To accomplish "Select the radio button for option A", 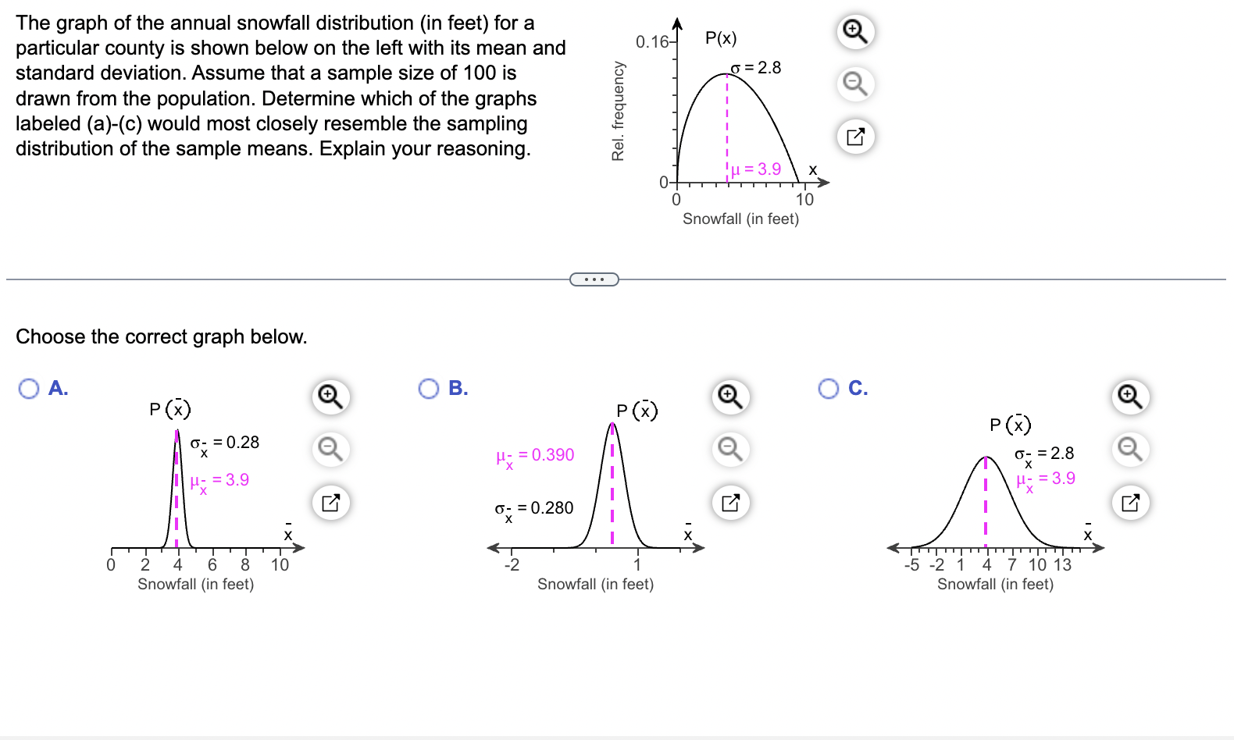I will click(29, 389).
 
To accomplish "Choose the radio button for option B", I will click(429, 389).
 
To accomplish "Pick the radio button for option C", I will click(829, 389).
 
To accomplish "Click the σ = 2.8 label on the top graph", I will click(756, 68).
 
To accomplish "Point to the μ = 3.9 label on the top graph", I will click(755, 169).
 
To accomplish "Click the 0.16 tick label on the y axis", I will click(652, 41).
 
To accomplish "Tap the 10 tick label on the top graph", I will click(804, 200).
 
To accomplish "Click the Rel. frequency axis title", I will click(619, 111).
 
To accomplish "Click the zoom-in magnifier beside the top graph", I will click(855, 32).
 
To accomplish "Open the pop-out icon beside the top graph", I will click(855, 137).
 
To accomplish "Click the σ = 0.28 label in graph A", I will click(225, 443).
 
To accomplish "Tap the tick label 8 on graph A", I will click(245, 565).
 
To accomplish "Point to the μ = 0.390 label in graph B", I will click(535, 456).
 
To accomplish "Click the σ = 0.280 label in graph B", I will click(534, 509).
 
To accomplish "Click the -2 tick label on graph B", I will click(512, 565).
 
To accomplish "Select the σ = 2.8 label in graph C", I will click(1044, 454).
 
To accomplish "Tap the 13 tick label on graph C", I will click(1062, 565).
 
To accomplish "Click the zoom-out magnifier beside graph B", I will click(730, 450).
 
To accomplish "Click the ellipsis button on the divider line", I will click(594, 279).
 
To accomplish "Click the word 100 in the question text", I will click(480, 73).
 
